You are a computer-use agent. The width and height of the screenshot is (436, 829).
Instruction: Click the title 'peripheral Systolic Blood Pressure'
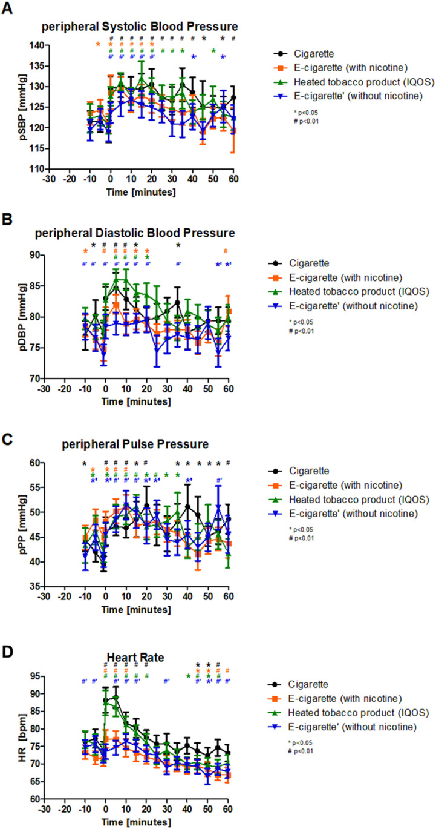(x=139, y=27)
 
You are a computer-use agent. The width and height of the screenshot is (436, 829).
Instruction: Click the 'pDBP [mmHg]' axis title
(x=12, y=318)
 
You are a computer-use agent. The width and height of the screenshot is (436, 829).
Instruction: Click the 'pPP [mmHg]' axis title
(x=12, y=525)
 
